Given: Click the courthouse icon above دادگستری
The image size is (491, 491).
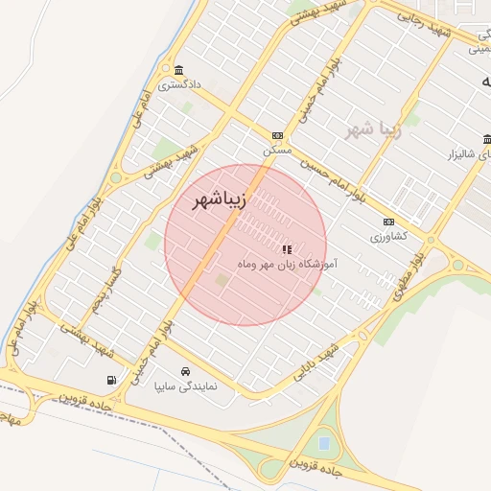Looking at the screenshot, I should pos(179,69).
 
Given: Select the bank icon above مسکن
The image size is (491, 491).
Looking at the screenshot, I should pos(277,136).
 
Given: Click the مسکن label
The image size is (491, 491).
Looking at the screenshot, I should pos(277,151).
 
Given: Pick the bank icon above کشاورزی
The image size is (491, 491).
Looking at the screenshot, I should pos(388,222).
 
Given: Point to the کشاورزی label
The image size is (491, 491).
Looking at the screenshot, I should pos(388,236).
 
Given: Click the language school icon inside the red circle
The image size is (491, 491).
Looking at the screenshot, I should pos(287,248).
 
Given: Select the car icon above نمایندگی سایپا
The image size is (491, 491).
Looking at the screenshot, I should pos(184,371).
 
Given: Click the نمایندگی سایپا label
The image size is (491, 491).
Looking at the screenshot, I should pos(187,386).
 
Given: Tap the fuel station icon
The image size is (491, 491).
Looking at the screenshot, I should pos(114,381).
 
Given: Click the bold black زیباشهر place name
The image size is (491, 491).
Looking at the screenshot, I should pos(220,201).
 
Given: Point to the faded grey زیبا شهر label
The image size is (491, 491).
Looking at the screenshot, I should pos(370,128).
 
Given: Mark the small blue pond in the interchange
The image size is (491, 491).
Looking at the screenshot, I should pos(324,443).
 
